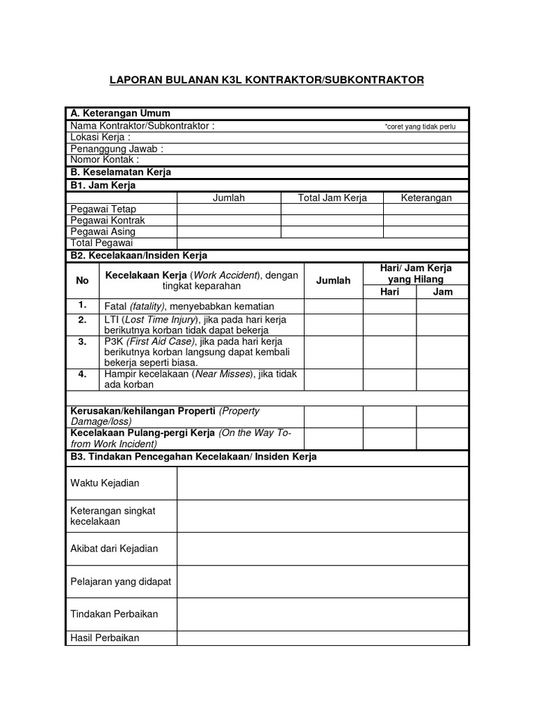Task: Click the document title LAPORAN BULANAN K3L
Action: click(266, 80)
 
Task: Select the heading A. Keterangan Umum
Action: click(120, 113)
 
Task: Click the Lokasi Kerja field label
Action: click(101, 138)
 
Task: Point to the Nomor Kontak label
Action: click(105, 160)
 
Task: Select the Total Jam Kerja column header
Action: click(332, 198)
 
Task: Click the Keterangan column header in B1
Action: click(426, 198)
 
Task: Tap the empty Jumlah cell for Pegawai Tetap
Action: click(229, 209)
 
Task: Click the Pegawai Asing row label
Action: click(103, 232)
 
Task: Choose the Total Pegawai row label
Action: click(102, 243)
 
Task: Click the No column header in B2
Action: click(83, 280)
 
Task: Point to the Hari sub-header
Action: click(389, 292)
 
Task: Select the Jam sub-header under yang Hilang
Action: click(442, 292)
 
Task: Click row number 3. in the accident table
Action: click(83, 342)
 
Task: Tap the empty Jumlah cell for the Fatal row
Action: click(333, 306)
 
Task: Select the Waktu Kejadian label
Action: click(105, 483)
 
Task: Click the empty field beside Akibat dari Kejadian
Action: click(323, 549)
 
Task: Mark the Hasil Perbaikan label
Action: click(105, 638)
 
